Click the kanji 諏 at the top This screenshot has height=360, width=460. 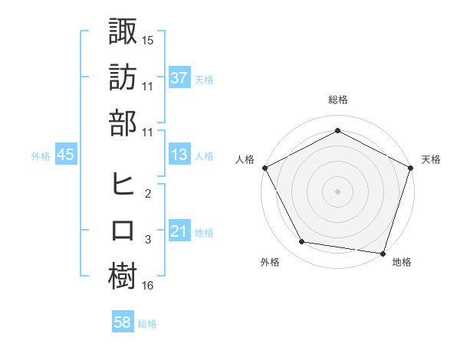(x=123, y=32)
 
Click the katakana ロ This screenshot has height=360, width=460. (x=123, y=231)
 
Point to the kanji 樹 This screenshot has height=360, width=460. (x=123, y=276)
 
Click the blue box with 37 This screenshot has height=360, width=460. (x=179, y=78)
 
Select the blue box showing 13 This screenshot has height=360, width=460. (x=179, y=155)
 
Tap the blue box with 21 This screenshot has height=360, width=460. (x=179, y=231)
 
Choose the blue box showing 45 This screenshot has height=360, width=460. (x=66, y=155)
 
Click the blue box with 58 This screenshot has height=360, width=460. (x=122, y=323)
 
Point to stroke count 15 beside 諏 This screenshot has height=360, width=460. (x=148, y=40)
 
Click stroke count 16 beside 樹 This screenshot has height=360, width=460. (x=148, y=286)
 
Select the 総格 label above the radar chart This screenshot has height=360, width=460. (x=337, y=100)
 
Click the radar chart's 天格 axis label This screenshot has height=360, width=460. (x=432, y=159)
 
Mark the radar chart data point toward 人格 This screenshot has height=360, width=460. (x=264, y=167)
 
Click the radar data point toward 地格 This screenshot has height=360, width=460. (x=383, y=253)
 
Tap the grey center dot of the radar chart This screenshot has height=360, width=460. (x=337, y=191)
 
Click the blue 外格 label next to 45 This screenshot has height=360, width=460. (x=41, y=155)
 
